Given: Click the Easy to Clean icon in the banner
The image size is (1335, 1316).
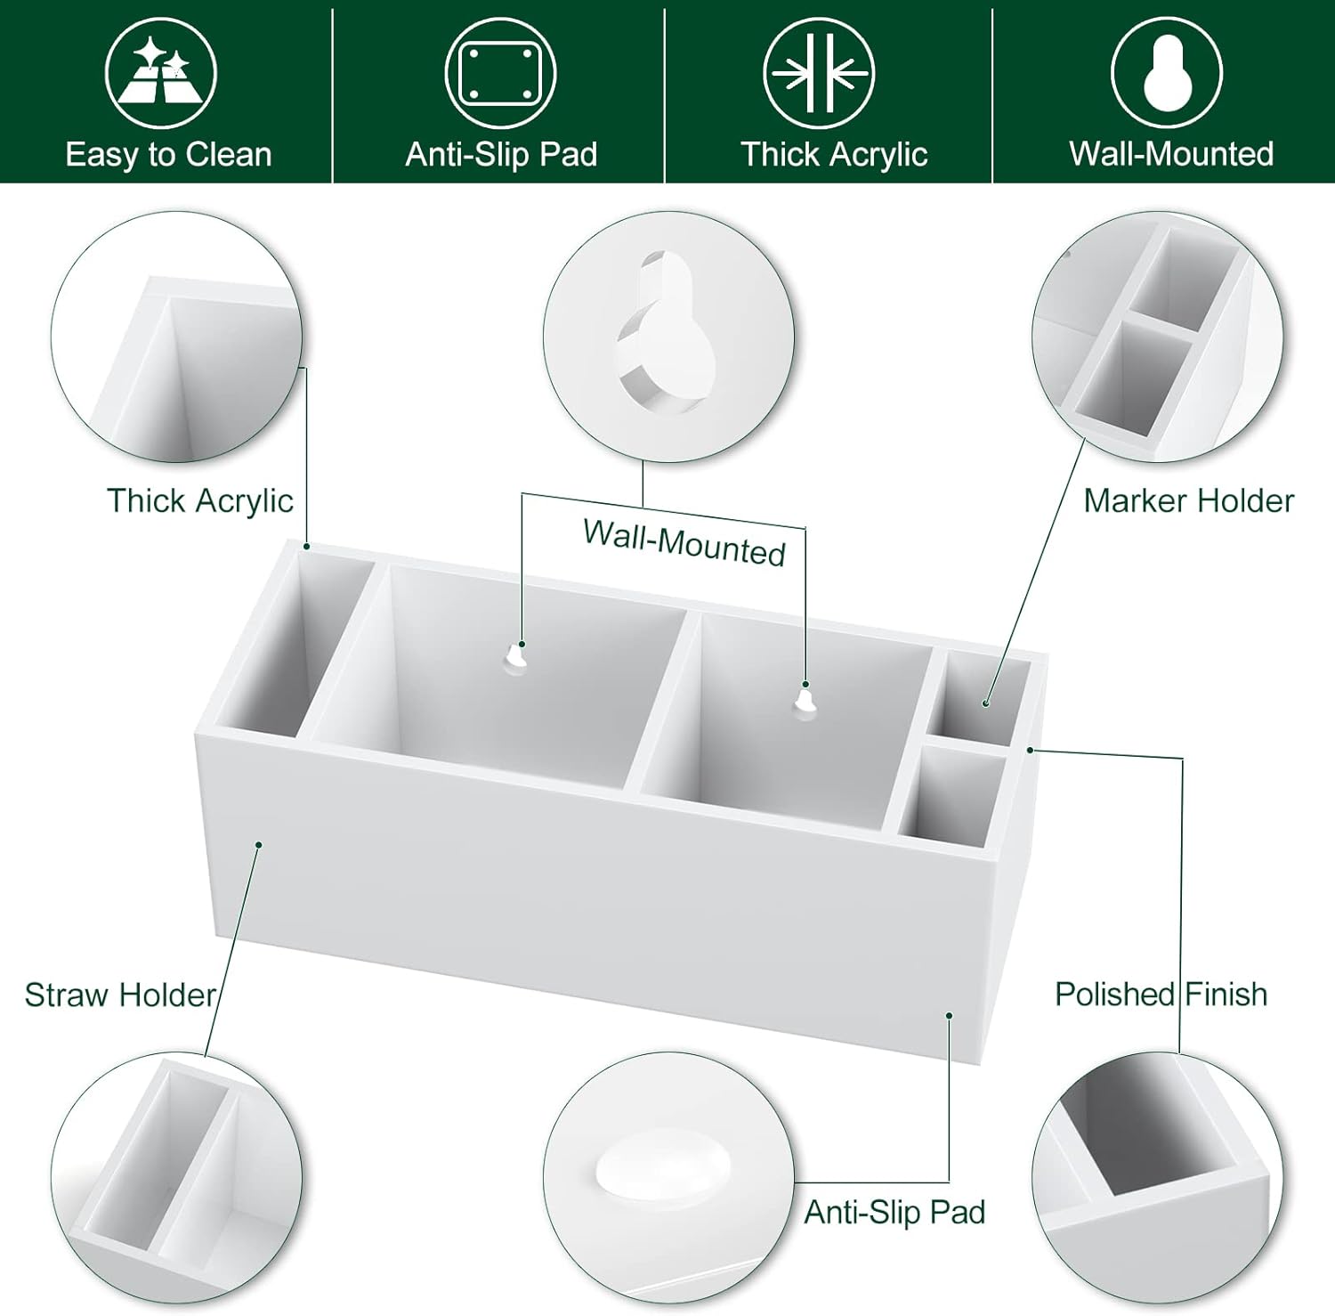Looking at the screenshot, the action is click(x=160, y=73).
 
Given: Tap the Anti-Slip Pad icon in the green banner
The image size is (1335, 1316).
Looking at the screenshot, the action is click(x=500, y=73).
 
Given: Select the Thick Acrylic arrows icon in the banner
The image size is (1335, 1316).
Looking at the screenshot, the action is click(x=819, y=73).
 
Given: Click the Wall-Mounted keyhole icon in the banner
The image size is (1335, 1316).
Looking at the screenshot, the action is click(x=1167, y=73).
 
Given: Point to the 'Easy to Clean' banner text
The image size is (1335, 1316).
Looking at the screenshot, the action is click(x=168, y=155).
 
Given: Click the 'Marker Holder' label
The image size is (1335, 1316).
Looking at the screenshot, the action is click(x=1188, y=501).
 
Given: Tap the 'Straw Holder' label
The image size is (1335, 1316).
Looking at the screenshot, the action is click(x=120, y=995).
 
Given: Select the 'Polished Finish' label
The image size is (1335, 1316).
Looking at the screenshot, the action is click(x=1161, y=994).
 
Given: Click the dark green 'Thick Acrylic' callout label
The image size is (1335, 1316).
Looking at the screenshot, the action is click(x=200, y=501).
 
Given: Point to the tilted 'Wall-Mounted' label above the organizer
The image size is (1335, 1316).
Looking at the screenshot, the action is click(x=684, y=542).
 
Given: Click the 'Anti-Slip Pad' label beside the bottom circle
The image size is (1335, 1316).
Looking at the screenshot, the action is click(x=894, y=1212).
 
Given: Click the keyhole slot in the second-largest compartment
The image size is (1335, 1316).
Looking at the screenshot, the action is click(x=805, y=702).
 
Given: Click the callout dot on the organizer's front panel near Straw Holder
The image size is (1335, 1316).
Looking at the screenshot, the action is click(x=259, y=844).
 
